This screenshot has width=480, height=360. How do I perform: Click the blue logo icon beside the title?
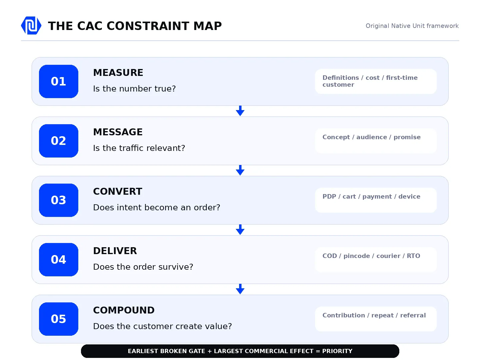31,25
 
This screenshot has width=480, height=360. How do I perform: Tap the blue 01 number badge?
58,81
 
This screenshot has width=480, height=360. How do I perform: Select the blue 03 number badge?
58,200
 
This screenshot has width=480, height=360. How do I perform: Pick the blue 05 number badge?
58,319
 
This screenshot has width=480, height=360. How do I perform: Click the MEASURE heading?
118,73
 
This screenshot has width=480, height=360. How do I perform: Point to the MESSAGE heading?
118,132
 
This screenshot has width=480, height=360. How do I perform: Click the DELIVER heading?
115,251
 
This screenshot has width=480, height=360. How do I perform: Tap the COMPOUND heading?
124,310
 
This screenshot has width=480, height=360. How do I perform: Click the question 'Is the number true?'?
134,89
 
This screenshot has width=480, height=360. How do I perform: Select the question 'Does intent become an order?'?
157,207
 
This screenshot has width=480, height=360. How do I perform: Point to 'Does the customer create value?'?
163,326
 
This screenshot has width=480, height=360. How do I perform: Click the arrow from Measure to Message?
240,111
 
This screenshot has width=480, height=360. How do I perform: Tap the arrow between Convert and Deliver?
240,230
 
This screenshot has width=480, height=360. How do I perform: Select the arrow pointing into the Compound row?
240,289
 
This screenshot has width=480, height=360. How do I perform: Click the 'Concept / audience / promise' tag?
371,137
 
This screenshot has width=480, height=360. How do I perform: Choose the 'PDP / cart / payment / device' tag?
371,197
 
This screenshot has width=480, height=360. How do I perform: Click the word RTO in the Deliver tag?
413,256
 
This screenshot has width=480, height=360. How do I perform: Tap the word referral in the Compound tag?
413,315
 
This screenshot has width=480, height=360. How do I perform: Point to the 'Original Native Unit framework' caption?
412,26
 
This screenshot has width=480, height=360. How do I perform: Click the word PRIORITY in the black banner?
337,351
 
